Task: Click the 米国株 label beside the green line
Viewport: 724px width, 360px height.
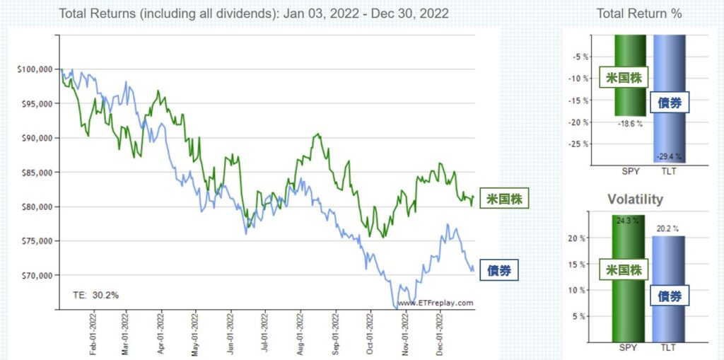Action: click(x=504, y=199)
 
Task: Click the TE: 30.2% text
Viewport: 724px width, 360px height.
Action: click(x=96, y=294)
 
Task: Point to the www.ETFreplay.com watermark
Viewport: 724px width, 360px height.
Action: click(x=435, y=303)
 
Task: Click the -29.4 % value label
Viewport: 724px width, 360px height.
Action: click(x=669, y=157)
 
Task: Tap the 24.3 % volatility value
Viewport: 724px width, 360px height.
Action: click(x=628, y=221)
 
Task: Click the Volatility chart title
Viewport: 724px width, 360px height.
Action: click(x=635, y=199)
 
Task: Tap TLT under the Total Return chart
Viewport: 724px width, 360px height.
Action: click(x=669, y=170)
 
